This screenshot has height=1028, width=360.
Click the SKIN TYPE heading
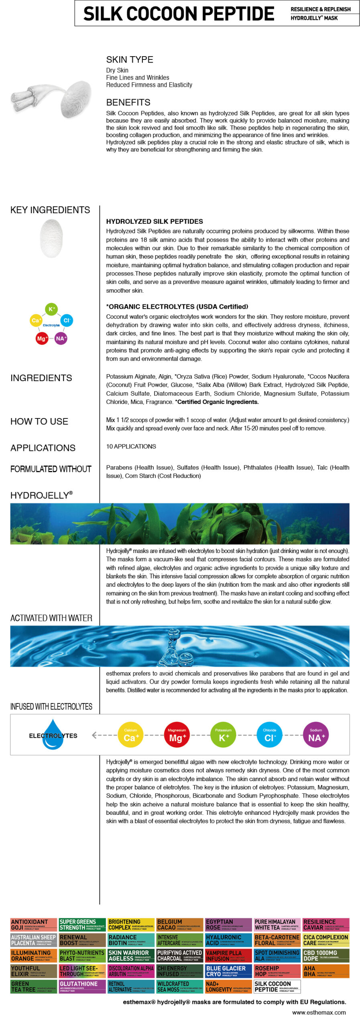tap(129, 59)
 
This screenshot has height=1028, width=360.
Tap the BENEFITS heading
tap(128, 102)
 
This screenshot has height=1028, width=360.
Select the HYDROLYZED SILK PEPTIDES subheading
tap(154, 221)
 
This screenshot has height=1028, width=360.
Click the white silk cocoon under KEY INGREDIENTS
tap(51, 239)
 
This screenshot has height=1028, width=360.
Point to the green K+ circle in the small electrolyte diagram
tap(51, 309)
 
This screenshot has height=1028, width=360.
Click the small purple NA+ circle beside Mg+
tap(61, 339)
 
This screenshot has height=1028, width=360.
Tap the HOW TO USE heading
tap(39, 421)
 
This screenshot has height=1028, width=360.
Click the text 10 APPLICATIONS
tap(131, 446)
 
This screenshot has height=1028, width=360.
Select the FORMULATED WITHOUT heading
tap(51, 469)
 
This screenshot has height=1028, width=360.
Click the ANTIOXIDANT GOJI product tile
tap(34, 924)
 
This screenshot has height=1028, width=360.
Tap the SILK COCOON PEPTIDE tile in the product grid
tap(277, 986)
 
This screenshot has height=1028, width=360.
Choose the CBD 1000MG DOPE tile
tap(326, 955)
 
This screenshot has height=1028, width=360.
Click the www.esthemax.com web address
tap(319, 1012)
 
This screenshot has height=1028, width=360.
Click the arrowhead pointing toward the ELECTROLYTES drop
tap(94, 735)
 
